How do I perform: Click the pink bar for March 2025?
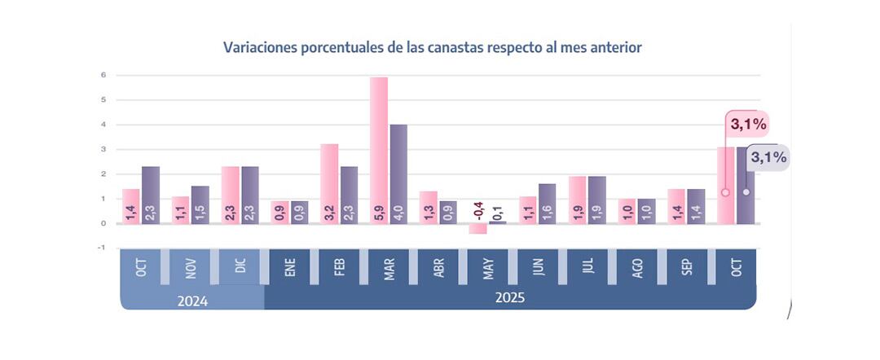pos(379,150)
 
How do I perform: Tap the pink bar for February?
pos(329,183)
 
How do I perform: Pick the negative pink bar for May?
pos(477,228)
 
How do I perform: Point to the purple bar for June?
pos(548,203)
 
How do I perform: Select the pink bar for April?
pos(429,207)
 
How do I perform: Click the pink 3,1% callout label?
pos(747,125)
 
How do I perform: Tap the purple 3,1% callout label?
pos(767,157)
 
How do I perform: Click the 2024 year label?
pos(192,301)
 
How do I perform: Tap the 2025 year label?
pos(510,298)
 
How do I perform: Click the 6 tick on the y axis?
pos(103,76)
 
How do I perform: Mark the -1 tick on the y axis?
pos(102,248)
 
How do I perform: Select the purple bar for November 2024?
pos(200,204)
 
